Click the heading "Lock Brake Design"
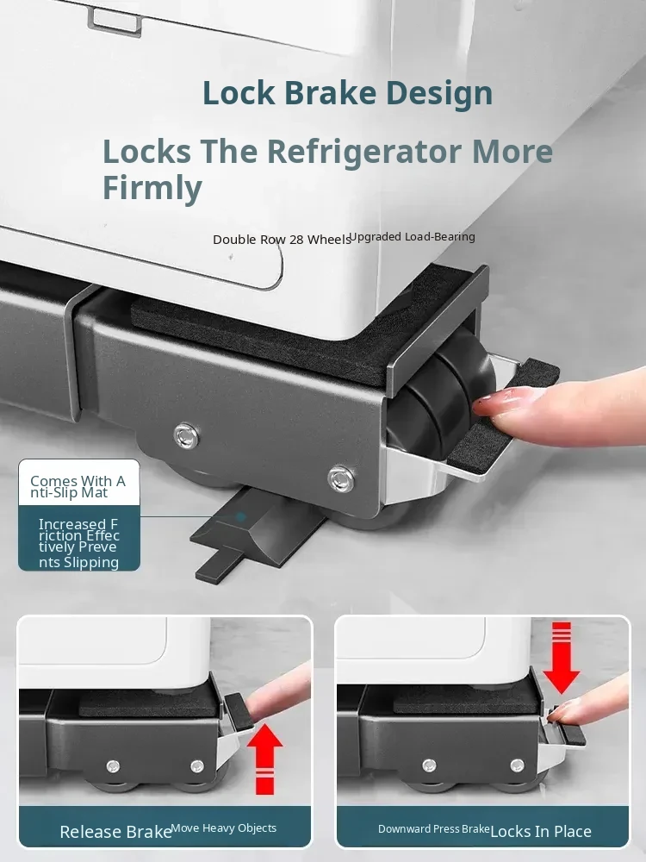[347, 93]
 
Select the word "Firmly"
[152, 188]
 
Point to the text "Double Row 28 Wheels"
[282, 240]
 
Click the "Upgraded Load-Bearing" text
[412, 236]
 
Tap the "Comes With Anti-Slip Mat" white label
[79, 482]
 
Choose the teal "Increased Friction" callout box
[79, 538]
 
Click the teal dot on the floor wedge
[240, 517]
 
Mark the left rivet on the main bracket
[186, 436]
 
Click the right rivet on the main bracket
[340, 478]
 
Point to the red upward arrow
[264, 759]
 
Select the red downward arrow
[562, 658]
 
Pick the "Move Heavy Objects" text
[224, 828]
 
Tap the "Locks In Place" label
[541, 832]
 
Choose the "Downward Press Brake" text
[434, 829]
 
